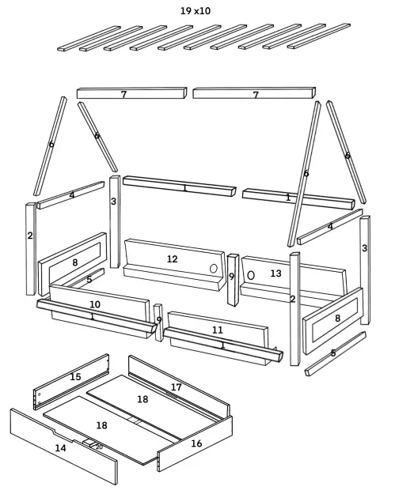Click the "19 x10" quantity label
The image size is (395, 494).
(x=196, y=10)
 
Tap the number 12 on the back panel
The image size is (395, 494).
(x=172, y=259)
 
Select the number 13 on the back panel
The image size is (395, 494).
(x=275, y=273)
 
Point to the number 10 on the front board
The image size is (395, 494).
(x=95, y=304)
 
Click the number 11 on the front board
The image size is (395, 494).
(x=218, y=330)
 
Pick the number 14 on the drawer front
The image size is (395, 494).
(x=60, y=448)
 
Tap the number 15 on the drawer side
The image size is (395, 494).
(x=75, y=377)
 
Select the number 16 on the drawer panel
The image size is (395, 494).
(x=196, y=443)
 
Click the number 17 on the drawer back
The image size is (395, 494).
(x=177, y=387)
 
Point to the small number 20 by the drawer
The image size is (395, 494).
(x=99, y=447)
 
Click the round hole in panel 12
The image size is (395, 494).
(x=213, y=269)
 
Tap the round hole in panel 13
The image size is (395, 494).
(x=251, y=275)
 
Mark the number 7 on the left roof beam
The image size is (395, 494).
(x=123, y=95)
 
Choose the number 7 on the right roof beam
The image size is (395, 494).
(x=256, y=95)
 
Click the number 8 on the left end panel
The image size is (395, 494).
(x=74, y=262)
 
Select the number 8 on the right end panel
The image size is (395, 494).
(x=338, y=319)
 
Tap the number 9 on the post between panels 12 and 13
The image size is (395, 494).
(x=232, y=277)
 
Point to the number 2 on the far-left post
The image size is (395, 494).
(x=30, y=236)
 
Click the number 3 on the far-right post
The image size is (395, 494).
(x=364, y=248)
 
